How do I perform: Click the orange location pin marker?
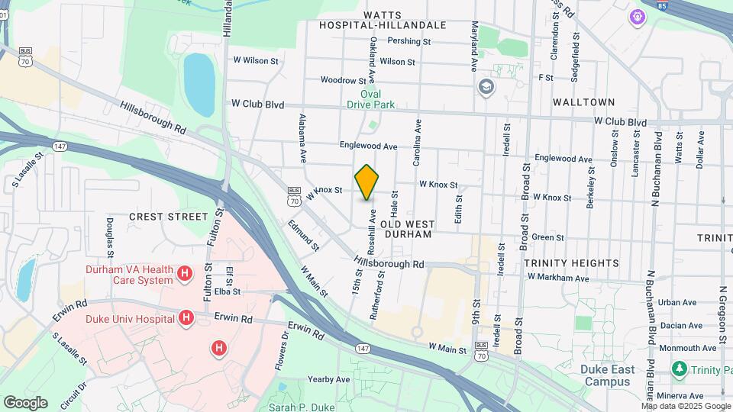pyautogui.click(x=367, y=182)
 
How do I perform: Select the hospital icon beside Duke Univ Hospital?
pyautogui.click(x=184, y=316)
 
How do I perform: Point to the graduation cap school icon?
pyautogui.click(x=485, y=87)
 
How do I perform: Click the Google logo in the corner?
pyautogui.click(x=25, y=402)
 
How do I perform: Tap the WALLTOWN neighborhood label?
pyautogui.click(x=583, y=101)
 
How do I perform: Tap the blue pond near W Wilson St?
pyautogui.click(x=199, y=82)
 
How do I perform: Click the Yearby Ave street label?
pyautogui.click(x=328, y=379)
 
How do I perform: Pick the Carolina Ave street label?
pyautogui.click(x=418, y=142)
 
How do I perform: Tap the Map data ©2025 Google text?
pyautogui.click(x=685, y=406)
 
